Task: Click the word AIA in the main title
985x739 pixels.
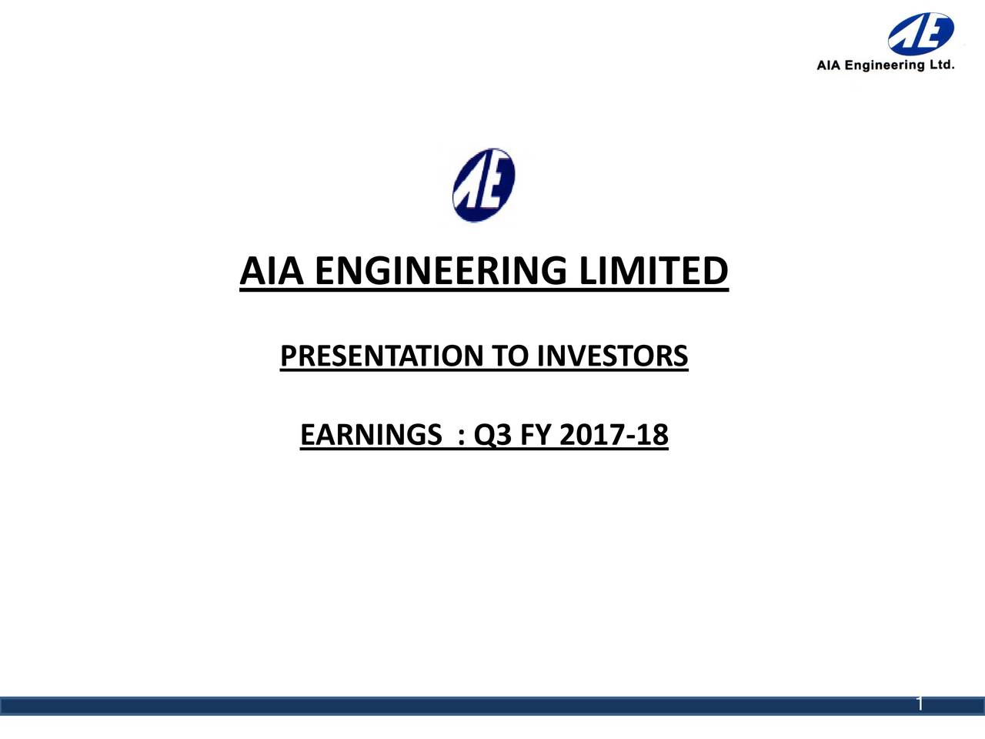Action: pyautogui.click(x=272, y=272)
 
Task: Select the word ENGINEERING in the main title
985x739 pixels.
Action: pyautogui.click(x=441, y=272)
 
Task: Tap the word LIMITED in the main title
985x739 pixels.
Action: pyautogui.click(x=653, y=272)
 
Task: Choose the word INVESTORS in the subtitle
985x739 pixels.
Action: pyautogui.click(x=612, y=356)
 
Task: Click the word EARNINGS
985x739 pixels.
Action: pyautogui.click(x=370, y=436)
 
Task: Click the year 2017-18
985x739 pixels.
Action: pyautogui.click(x=614, y=436)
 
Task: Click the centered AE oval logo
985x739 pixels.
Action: pyautogui.click(x=483, y=186)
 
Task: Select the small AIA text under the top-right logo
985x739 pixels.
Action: pyautogui.click(x=829, y=66)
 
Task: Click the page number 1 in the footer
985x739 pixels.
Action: pyautogui.click(x=920, y=704)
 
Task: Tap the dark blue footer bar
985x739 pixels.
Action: pyautogui.click(x=462, y=706)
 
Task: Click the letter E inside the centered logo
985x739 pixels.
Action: pyautogui.click(x=496, y=184)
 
